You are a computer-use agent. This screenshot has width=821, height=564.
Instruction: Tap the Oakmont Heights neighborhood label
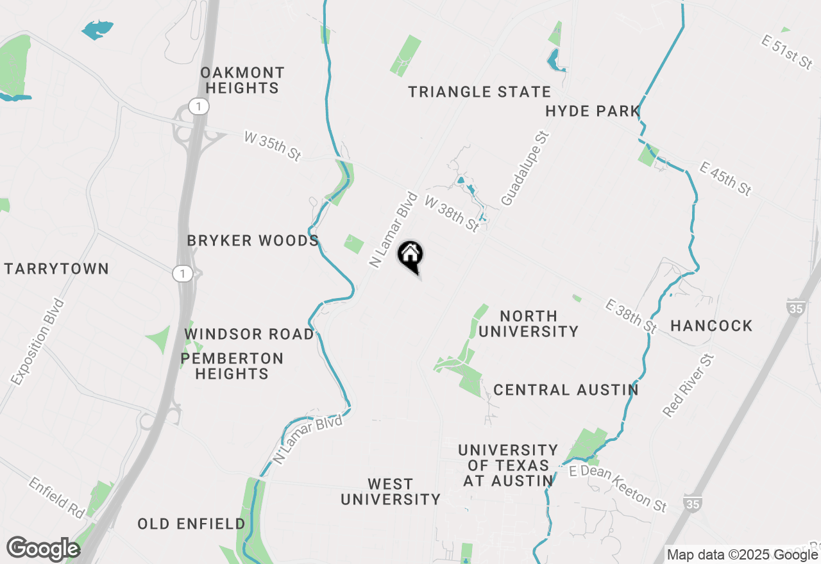click(x=242, y=80)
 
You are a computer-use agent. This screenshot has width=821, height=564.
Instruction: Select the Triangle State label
click(x=480, y=92)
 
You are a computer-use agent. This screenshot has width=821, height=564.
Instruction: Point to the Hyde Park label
click(x=593, y=112)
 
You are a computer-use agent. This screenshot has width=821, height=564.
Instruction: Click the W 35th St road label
click(x=273, y=146)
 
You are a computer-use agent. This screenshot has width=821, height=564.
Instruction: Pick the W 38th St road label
click(x=452, y=214)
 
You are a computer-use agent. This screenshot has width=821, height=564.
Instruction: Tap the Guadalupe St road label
click(x=525, y=169)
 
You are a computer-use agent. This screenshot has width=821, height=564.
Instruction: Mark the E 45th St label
click(x=725, y=179)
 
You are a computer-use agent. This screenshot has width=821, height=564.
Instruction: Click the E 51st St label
click(x=788, y=52)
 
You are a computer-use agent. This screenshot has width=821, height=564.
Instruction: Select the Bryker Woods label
click(x=253, y=241)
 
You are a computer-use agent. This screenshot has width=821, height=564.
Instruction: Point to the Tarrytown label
click(x=56, y=269)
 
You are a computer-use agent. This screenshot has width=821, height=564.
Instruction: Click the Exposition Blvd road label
click(x=38, y=342)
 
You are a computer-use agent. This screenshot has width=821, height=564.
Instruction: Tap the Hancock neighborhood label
click(x=711, y=326)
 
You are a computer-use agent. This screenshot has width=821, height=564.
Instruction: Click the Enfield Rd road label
click(x=56, y=497)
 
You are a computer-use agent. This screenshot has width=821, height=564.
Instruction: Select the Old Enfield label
click(x=191, y=524)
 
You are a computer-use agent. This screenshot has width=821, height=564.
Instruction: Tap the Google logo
click(x=43, y=549)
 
